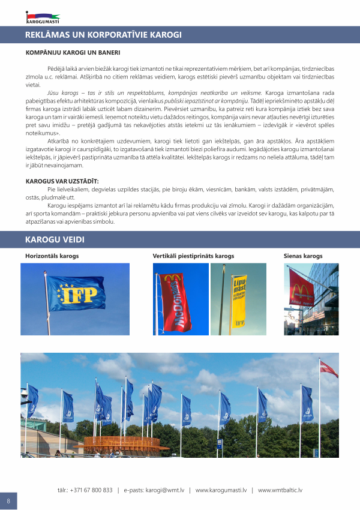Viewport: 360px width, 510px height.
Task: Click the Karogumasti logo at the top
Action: click(x=43, y=17)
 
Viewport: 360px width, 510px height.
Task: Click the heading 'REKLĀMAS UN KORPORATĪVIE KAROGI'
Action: click(x=103, y=35)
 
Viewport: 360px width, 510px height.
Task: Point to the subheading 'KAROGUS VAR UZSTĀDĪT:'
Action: click(x=62, y=180)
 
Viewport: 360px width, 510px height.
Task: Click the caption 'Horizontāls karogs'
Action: click(x=52, y=256)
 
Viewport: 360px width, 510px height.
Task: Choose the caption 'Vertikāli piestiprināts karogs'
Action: click(x=193, y=256)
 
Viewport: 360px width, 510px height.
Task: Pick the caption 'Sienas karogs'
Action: click(x=303, y=256)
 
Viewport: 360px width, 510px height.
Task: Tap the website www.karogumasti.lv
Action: click(x=221, y=490)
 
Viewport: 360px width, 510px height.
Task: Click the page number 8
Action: click(x=8, y=500)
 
